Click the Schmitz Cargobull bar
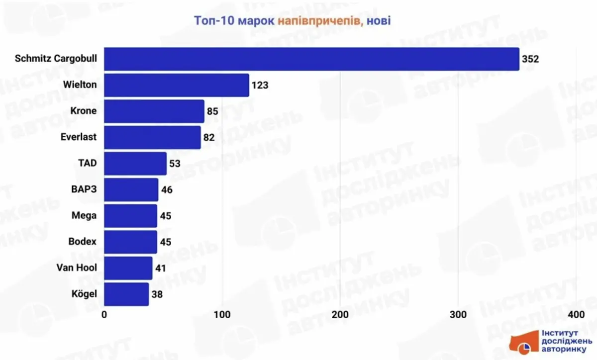pos(311,59)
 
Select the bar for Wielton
pos(177,85)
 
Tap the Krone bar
pos(154,111)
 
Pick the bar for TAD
pos(135,164)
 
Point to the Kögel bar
pos(126,294)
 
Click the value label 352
pos(530,59)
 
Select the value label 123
pos(260,85)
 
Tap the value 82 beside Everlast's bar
pos(208,138)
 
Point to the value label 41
pos(160,269)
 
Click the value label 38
pos(156,294)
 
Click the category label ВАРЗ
pos(84,190)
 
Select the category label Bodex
pos(83,242)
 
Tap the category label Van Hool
pos(77,269)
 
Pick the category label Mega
pos(84,216)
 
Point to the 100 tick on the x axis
pos(222,315)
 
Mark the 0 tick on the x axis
pos(104,315)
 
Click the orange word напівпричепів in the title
pos(319,21)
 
